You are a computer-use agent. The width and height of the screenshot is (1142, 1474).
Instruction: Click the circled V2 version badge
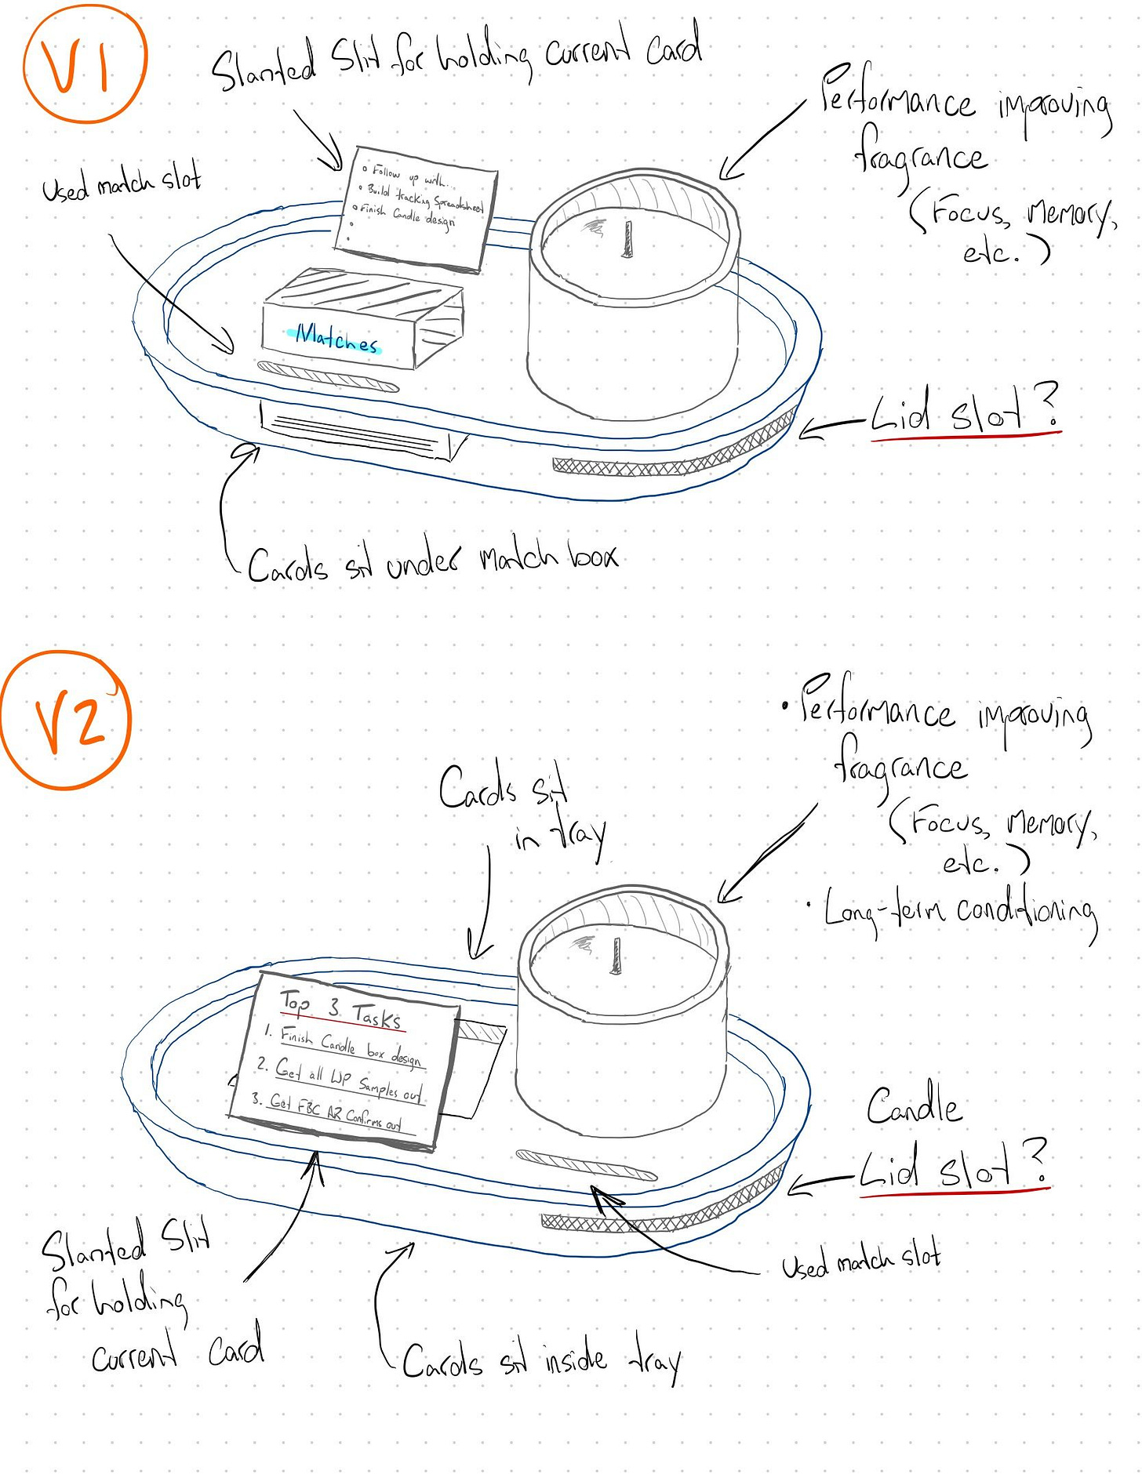click(x=66, y=720)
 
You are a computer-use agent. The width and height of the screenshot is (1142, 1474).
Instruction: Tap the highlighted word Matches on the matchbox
click(x=336, y=338)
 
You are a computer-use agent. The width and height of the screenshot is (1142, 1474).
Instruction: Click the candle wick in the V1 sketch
click(x=627, y=239)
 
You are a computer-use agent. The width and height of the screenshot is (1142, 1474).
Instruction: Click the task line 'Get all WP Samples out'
click(x=347, y=1080)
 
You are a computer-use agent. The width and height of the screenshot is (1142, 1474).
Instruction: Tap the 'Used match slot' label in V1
click(x=122, y=183)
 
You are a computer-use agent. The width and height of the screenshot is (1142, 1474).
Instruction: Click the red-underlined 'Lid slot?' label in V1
click(x=965, y=412)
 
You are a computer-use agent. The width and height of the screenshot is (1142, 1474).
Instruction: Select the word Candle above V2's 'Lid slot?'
click(x=914, y=1105)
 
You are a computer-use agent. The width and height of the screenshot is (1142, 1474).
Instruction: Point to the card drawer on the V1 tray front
click(x=357, y=433)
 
